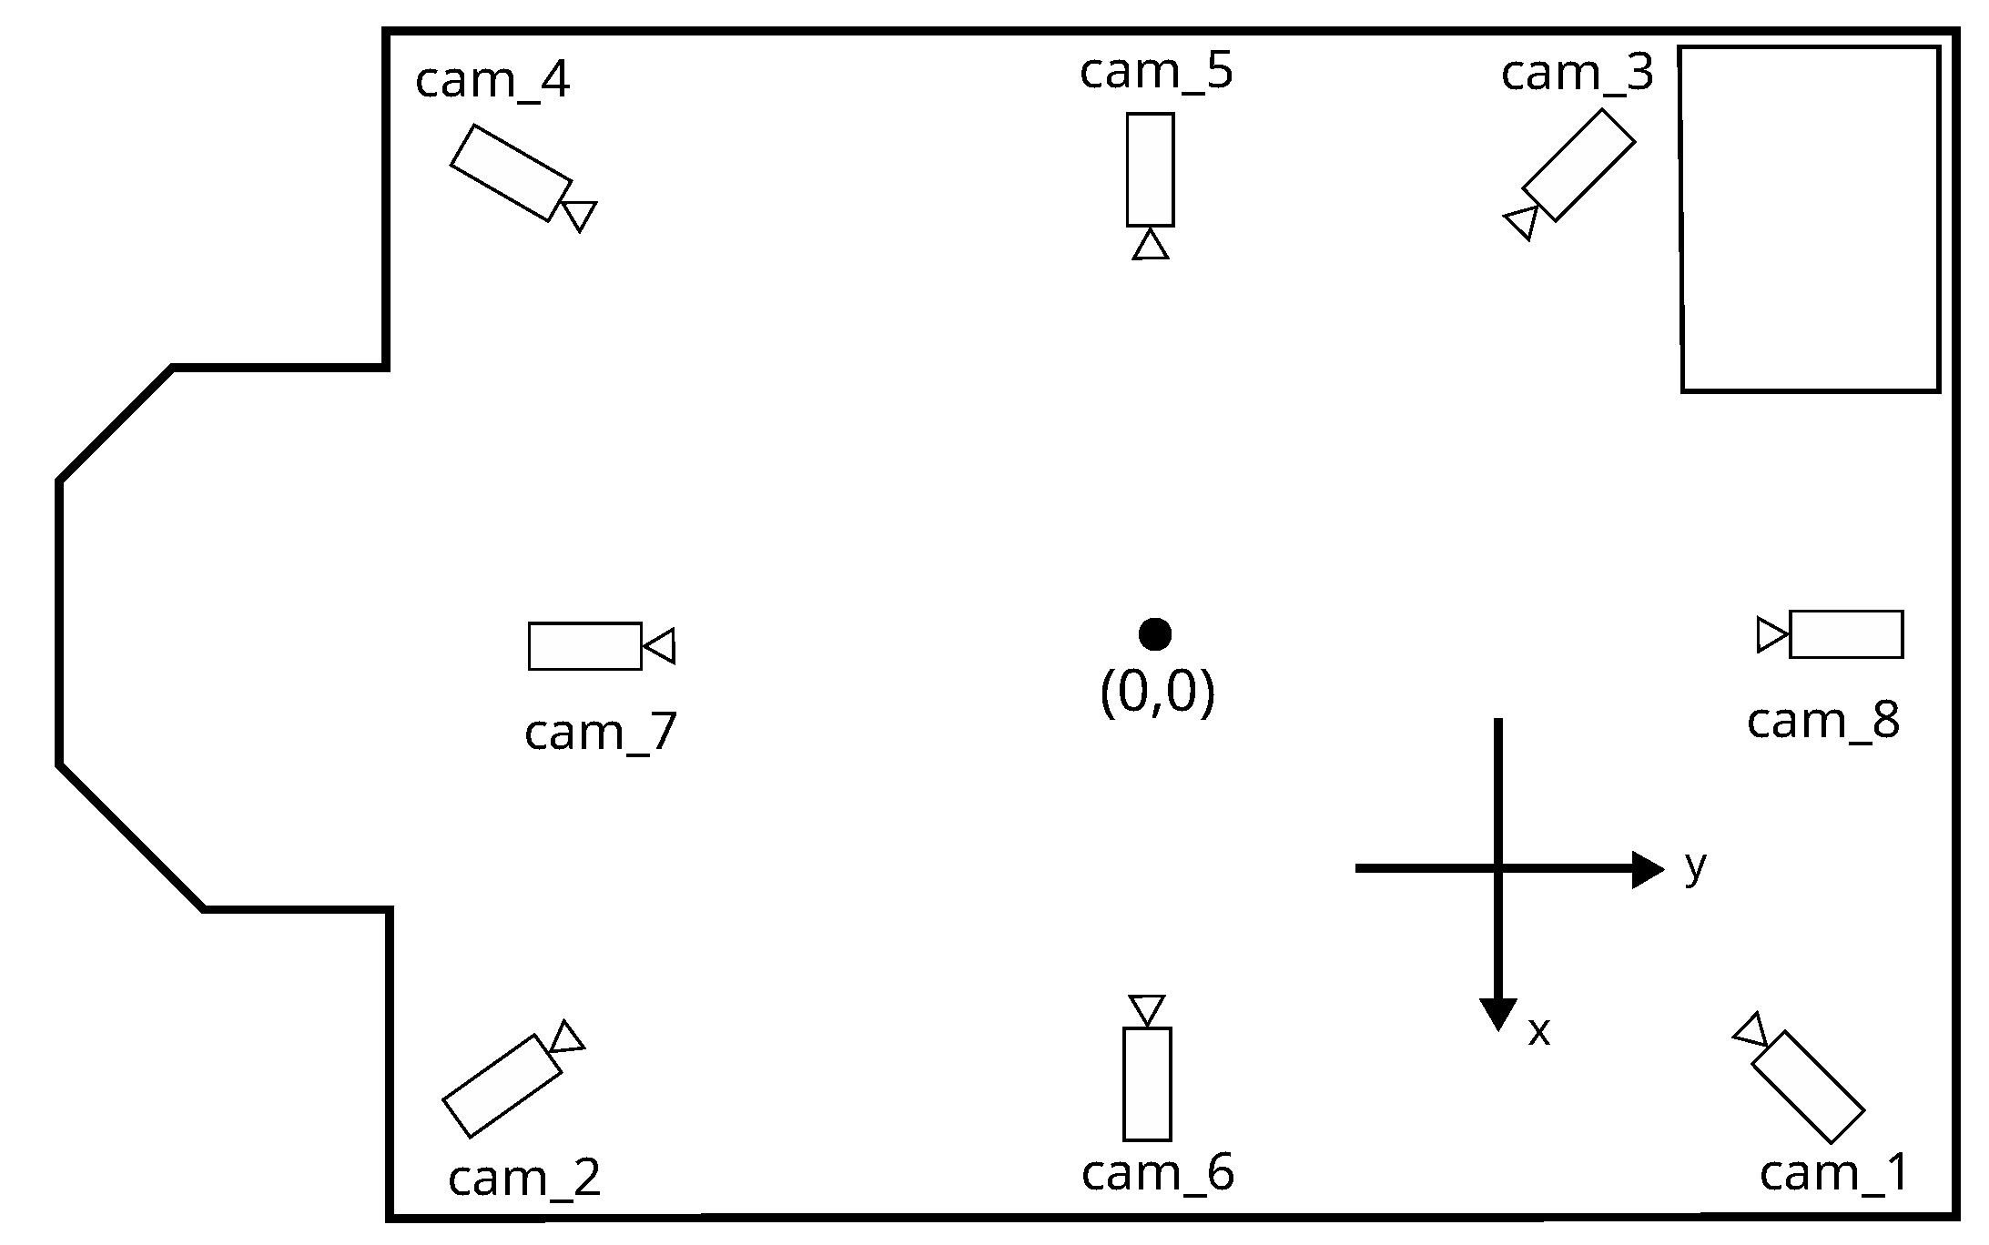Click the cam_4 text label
coord(492,80)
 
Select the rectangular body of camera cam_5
coord(1150,169)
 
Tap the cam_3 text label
coord(1577,73)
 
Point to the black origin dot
coord(1154,634)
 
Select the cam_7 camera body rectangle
coord(584,646)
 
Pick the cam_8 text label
coord(1822,721)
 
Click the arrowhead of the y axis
coord(1648,869)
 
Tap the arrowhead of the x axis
coord(1497,1014)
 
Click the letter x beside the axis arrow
coord(1538,1032)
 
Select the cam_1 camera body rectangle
coord(1808,1087)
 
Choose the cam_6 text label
coord(1157,1172)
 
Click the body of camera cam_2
coord(502,1086)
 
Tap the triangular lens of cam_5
coord(1151,246)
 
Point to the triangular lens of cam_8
coord(1771,634)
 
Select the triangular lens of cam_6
coord(1147,1009)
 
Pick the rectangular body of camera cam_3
coord(1578,166)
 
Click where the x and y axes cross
coord(1497,869)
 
